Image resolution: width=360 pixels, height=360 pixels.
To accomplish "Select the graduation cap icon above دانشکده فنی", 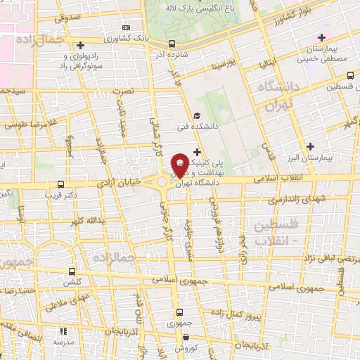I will tap(197, 117).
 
